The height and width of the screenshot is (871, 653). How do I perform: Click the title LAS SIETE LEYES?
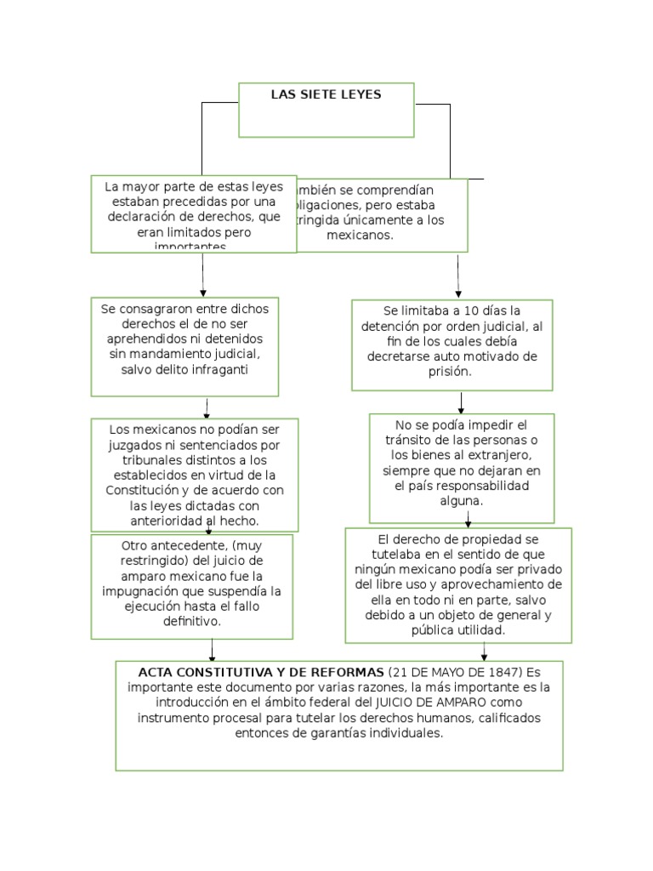(326, 94)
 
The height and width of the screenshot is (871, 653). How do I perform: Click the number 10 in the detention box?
(451, 311)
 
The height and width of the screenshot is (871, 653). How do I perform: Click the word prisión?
(451, 372)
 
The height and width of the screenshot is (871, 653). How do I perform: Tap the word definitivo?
(192, 621)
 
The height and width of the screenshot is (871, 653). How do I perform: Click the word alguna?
(462, 501)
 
